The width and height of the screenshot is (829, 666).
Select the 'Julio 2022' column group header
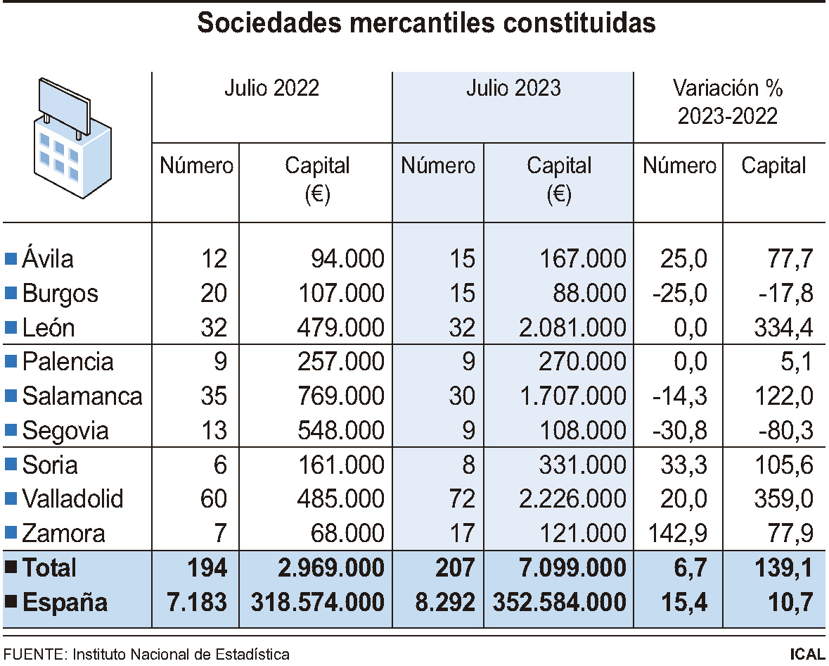[271, 88]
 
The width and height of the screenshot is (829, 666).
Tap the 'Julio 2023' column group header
[513, 88]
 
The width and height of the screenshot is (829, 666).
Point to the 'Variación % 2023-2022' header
[728, 102]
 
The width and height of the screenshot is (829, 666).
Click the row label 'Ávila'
[48, 259]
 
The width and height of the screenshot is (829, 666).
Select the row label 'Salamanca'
[82, 396]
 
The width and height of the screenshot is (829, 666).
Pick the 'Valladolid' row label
[72, 499]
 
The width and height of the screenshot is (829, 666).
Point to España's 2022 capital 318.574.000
[317, 602]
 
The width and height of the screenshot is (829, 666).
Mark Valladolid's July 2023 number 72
[462, 499]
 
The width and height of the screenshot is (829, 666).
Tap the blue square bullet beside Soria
[11, 465]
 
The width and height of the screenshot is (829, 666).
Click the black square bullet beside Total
[11, 567]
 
